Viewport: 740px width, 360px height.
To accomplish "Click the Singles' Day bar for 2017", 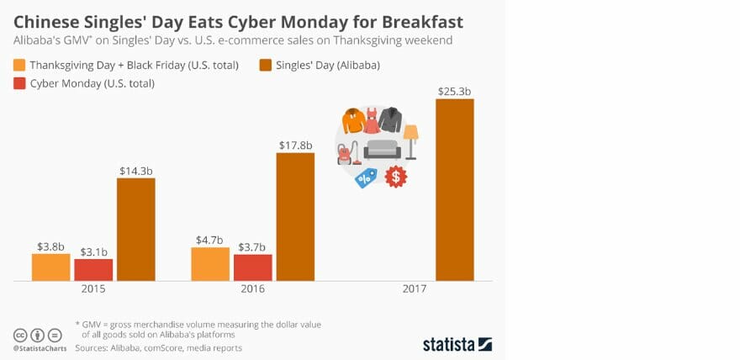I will click(454, 189).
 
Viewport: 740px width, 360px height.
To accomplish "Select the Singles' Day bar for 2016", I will click(294, 216).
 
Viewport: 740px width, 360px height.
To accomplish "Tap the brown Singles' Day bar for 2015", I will click(135, 229).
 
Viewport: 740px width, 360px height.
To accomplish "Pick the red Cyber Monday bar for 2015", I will click(93, 269).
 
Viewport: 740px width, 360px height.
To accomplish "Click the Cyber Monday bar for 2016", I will click(252, 267).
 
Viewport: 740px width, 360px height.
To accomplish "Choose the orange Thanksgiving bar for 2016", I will click(210, 263).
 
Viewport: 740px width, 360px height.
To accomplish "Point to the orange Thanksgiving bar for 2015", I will click(51, 267).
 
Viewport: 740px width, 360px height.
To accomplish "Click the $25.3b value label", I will click(454, 90).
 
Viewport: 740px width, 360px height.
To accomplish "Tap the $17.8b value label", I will click(294, 145).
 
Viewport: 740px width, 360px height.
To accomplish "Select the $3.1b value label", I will click(93, 251).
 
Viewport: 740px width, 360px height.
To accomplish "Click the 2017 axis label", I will click(414, 289).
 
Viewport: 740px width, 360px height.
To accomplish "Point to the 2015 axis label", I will click(94, 289).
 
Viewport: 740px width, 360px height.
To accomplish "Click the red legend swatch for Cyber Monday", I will click(18, 83).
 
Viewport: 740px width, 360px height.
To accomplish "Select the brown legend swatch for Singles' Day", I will click(266, 65).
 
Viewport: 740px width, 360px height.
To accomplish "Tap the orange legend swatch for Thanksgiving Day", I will click(18, 65).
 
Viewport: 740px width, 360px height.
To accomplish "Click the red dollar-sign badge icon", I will click(395, 177).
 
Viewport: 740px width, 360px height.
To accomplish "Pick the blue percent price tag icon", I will click(366, 177).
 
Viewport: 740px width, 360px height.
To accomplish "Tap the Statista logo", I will click(457, 343).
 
